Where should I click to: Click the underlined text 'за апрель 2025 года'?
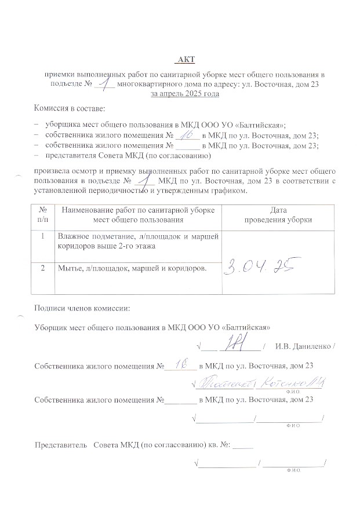point(184,93)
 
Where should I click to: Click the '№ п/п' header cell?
point(43,215)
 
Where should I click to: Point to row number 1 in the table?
point(43,236)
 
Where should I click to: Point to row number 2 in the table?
point(43,268)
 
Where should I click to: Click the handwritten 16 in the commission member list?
point(188,134)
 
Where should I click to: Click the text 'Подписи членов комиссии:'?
point(82,308)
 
